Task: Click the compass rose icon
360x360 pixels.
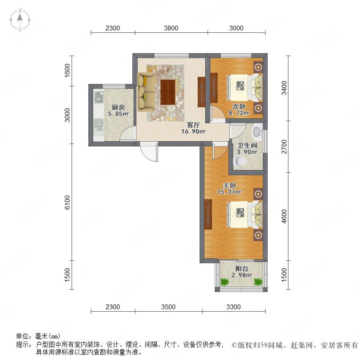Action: pos(20,20)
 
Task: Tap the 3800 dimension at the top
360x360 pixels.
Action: pos(171,28)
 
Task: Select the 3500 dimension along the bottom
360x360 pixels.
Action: pos(168,307)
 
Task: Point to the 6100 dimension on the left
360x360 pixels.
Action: pos(67,202)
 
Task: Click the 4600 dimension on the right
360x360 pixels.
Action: pos(284,216)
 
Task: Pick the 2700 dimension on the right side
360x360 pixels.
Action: pos(284,146)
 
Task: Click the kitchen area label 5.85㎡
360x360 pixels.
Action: pos(118,114)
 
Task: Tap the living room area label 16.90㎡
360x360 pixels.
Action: pos(193,131)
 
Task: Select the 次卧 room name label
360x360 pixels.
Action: pos(239,106)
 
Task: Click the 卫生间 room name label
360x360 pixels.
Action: pos(247,145)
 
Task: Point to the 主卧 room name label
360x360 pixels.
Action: pos(229,185)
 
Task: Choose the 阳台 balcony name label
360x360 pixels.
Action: pos(242,268)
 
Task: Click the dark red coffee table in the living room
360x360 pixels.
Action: pos(168,92)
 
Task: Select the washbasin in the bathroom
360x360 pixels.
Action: pos(257,132)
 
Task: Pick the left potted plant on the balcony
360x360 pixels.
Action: pos(224,282)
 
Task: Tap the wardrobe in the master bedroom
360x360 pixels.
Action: pos(208,214)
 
